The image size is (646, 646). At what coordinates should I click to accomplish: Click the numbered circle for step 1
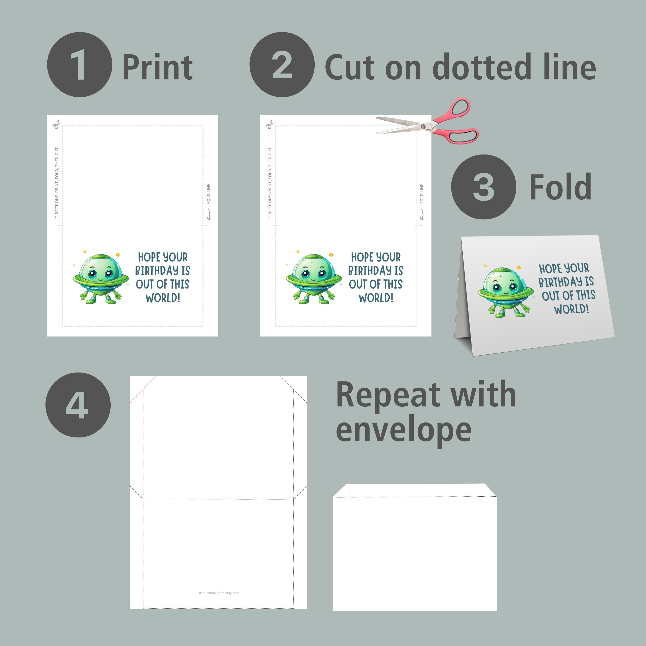[x=80, y=65]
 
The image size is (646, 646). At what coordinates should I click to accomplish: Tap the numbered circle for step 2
[x=282, y=65]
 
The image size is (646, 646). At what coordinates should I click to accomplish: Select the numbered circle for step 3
[x=483, y=187]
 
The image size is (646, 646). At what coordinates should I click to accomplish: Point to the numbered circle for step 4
[x=78, y=405]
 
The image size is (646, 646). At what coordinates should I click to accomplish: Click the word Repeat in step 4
[x=388, y=395]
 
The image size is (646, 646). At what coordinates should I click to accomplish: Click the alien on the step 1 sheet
[x=101, y=277]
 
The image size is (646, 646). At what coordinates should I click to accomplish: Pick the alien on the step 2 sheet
[x=314, y=277]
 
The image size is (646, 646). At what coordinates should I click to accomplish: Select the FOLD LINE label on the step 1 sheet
[x=209, y=194]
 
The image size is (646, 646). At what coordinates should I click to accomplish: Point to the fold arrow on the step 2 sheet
[x=422, y=214]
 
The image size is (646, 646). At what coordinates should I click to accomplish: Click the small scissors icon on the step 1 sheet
[x=57, y=125]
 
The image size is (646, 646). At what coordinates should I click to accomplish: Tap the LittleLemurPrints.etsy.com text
[x=218, y=593]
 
